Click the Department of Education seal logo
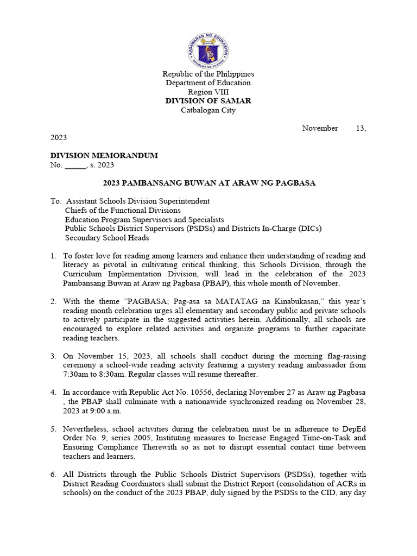tap(208, 49)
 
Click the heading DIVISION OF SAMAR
tap(208, 101)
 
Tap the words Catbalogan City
tap(208, 110)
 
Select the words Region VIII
tap(208, 92)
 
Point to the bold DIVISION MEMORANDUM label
tap(104, 156)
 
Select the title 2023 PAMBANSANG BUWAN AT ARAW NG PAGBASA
tap(209, 184)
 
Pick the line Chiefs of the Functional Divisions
tap(123, 210)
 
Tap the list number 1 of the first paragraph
tap(53, 256)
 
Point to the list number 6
tap(53, 475)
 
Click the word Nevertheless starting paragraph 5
tap(86, 429)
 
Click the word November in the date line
tap(320, 128)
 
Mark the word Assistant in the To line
tap(84, 201)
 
